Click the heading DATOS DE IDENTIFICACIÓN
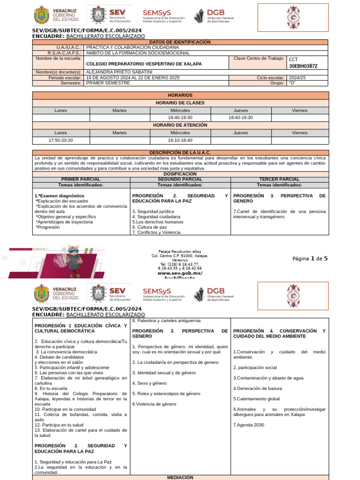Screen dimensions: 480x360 click(180, 42)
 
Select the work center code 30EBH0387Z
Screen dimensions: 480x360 click(303, 66)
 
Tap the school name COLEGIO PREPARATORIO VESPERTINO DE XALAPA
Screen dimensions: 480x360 click(144, 64)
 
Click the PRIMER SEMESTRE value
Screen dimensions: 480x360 click(108, 82)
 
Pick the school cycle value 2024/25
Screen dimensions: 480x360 click(297, 77)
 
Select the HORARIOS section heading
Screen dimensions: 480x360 click(180, 95)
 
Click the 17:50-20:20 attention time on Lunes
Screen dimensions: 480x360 click(61, 140)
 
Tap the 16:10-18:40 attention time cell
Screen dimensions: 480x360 click(180, 140)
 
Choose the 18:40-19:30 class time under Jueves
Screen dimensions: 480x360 click(240, 118)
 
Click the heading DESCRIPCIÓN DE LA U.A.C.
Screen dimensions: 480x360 click(180, 153)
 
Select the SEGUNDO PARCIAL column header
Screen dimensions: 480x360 click(180, 179)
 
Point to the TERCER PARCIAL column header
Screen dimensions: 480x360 click(279, 179)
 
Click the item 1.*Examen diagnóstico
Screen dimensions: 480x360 click(60, 195)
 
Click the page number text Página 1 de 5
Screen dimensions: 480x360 click(310, 258)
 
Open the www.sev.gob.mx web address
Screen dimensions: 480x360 click(180, 273)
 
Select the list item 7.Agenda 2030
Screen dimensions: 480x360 click(248, 425)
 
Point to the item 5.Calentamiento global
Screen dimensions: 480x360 click(256, 399)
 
